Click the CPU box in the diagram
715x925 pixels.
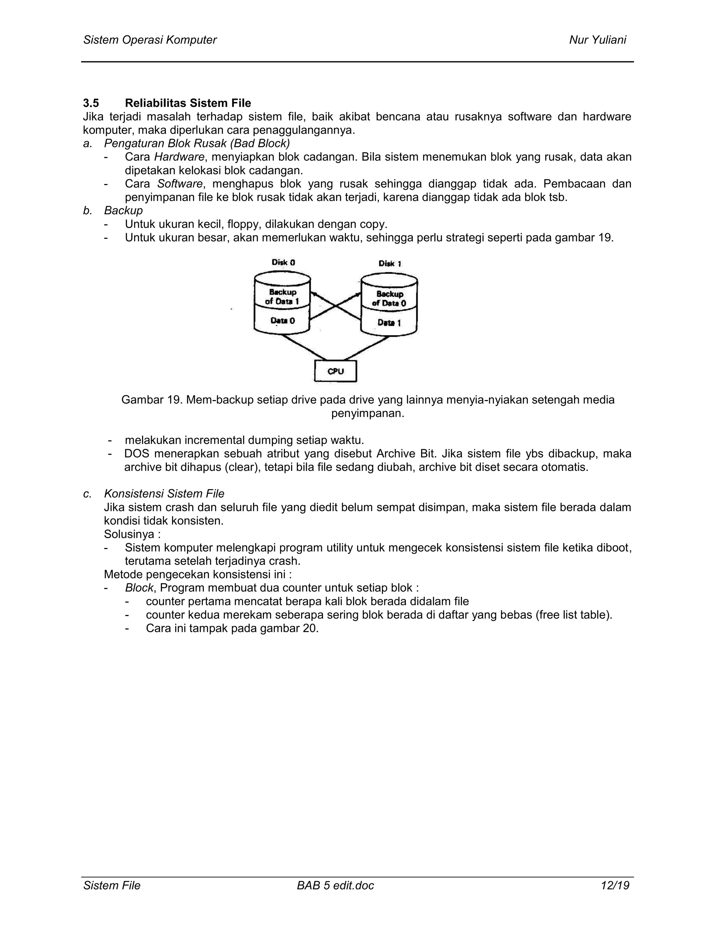(335, 371)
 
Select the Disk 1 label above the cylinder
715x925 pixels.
(390, 264)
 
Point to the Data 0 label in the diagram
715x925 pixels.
(282, 321)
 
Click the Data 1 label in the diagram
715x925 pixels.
(389, 323)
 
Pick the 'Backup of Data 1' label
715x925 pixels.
(282, 296)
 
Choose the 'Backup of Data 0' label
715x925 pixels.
(389, 298)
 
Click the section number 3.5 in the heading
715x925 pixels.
(91, 103)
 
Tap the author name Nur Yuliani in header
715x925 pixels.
(597, 40)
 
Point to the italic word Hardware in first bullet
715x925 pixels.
(179, 157)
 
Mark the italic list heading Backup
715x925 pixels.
(123, 210)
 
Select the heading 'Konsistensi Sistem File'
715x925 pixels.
(164, 494)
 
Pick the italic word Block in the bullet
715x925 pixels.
(139, 588)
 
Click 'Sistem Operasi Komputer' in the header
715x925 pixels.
(150, 40)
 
